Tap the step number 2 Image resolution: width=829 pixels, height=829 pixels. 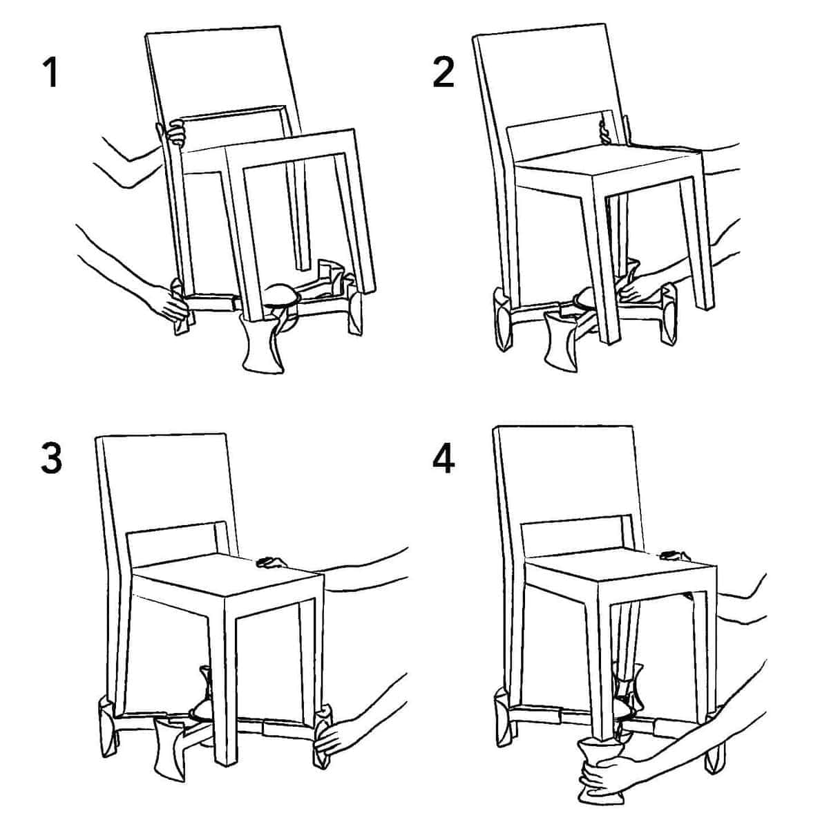click(x=444, y=73)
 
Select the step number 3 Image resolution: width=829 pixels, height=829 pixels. click(x=51, y=459)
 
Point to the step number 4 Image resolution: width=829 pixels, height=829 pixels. click(x=444, y=459)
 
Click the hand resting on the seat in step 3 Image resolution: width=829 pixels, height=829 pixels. click(x=271, y=562)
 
